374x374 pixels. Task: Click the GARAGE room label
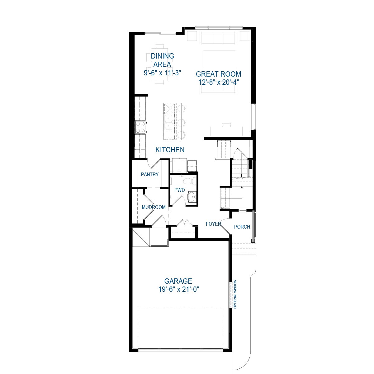coord(178,281)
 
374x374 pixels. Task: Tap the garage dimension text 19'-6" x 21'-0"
coord(179,290)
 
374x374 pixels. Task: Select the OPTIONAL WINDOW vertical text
coord(235,294)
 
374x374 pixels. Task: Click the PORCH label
coord(242,227)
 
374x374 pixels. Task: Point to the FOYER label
coord(214,224)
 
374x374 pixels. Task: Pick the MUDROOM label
coord(154,207)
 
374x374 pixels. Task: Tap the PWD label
coord(180,190)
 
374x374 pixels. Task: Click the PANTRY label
coord(150,174)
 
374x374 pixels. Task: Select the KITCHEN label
coord(170,150)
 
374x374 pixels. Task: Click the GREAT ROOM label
coord(218,74)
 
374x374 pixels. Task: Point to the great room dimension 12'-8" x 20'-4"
coord(218,82)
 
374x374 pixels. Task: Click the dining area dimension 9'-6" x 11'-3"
coord(162,73)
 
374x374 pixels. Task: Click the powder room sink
coord(192,197)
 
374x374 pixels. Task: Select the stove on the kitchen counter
coord(141,127)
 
